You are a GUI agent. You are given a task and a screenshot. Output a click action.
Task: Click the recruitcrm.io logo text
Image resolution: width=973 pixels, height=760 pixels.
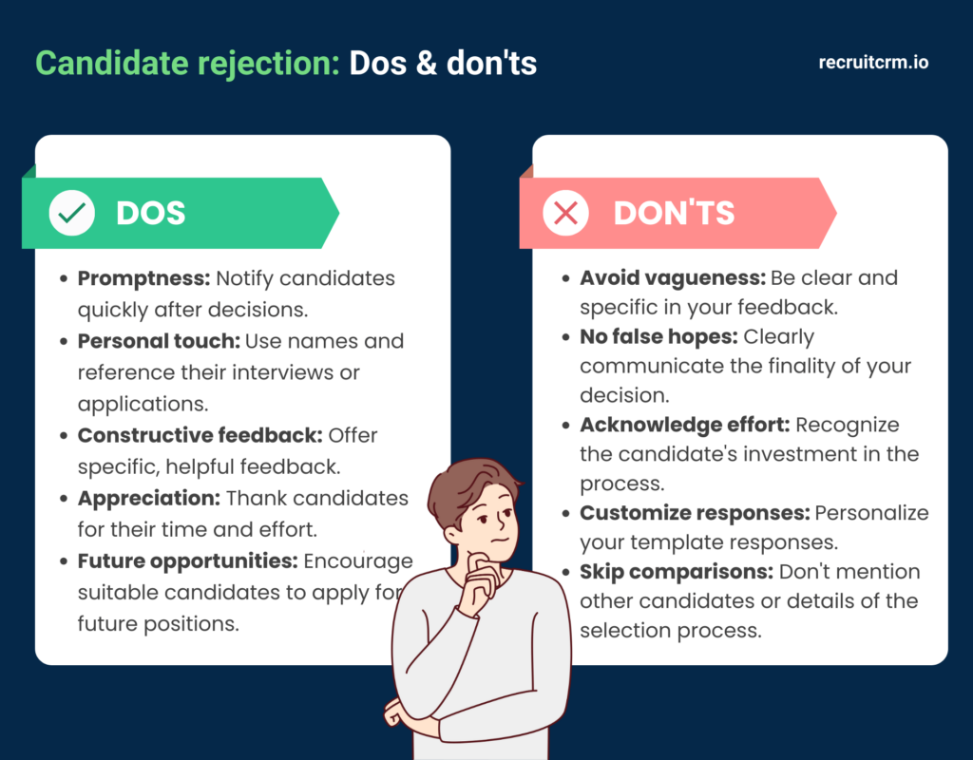pyautogui.click(x=873, y=63)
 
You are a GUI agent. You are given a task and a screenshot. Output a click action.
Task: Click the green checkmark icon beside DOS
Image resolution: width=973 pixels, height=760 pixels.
pyautogui.click(x=71, y=213)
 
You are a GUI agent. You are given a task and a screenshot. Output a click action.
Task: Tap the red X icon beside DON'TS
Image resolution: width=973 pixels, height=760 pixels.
pyautogui.click(x=565, y=213)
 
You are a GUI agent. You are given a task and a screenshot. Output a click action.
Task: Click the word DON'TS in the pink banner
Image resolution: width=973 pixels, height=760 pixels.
pyautogui.click(x=674, y=213)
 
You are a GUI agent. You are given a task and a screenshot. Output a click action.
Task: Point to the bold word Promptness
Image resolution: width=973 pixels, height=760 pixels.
pyautogui.click(x=143, y=279)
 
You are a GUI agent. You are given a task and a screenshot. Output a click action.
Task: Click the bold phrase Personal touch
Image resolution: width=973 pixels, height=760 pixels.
pyautogui.click(x=159, y=341)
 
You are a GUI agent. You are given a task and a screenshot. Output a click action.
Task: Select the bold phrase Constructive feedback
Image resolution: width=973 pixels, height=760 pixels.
pyautogui.click(x=200, y=435)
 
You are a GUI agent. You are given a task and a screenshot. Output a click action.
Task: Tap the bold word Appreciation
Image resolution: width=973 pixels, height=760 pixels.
pyautogui.click(x=148, y=498)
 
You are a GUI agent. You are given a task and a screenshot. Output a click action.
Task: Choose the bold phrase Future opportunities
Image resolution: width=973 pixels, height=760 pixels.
pyautogui.click(x=186, y=560)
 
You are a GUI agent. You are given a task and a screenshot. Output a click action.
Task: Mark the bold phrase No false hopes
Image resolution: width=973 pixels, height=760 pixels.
pyautogui.click(x=658, y=336)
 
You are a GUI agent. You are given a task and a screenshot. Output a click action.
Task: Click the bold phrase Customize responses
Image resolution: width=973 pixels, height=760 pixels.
pyautogui.click(x=695, y=513)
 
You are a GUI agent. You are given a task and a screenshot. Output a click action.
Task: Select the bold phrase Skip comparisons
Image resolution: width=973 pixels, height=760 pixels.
pyautogui.click(x=677, y=572)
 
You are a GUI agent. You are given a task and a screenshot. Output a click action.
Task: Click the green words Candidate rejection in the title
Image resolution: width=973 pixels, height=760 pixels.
pyautogui.click(x=187, y=63)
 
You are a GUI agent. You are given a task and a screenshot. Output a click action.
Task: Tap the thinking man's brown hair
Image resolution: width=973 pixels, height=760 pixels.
pyautogui.click(x=470, y=480)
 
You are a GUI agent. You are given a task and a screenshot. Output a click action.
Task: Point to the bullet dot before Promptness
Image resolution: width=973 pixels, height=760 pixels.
pyautogui.click(x=63, y=280)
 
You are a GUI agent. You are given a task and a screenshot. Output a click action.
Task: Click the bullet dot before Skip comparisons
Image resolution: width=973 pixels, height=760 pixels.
pyautogui.click(x=565, y=573)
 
